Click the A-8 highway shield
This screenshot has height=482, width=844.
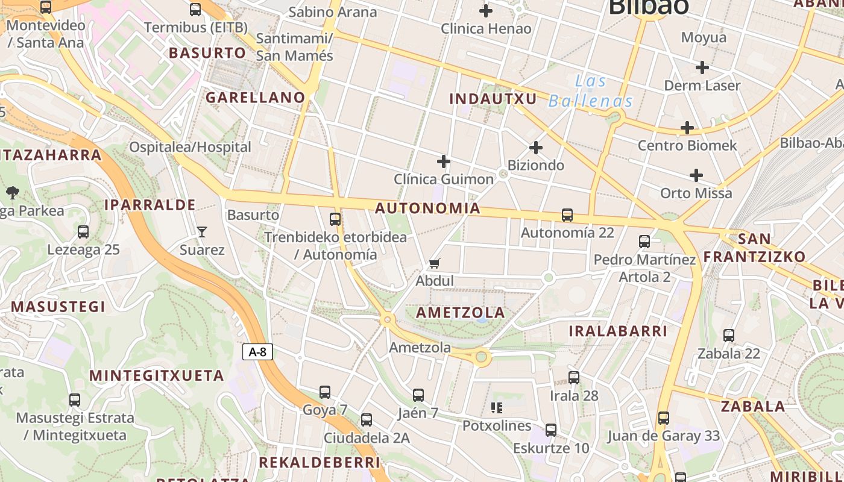257,352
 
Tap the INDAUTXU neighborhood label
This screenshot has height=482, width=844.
493,99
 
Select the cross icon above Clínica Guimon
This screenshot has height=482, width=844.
444,161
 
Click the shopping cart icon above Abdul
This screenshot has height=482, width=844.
434,263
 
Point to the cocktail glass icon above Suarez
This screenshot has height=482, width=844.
202,231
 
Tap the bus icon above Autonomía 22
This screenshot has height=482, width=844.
567,215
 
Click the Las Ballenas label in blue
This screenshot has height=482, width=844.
591,91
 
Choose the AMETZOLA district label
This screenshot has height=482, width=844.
461,313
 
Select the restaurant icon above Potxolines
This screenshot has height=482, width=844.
497,408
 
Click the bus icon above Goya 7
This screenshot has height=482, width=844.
325,392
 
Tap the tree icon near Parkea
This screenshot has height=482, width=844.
12,193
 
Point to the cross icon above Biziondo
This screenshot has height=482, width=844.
535,148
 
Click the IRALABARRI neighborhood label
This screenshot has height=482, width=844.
618,331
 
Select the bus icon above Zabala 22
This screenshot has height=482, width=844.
729,336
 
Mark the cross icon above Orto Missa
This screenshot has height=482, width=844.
696,175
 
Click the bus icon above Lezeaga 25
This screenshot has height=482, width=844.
83,232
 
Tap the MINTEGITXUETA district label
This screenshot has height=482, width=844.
157,376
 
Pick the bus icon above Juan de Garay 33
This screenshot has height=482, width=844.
664,418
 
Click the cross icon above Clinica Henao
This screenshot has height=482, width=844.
485,11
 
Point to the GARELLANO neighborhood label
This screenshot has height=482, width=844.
256,98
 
